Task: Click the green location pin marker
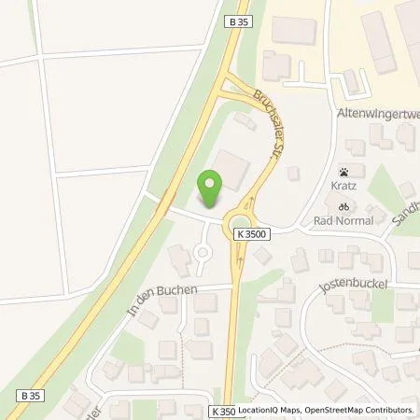pyautogui.click(x=210, y=190)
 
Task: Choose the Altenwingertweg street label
pyautogui.click(x=377, y=112)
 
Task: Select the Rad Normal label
pyautogui.click(x=344, y=220)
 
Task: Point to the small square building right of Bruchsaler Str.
pyautogui.click(x=293, y=173)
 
